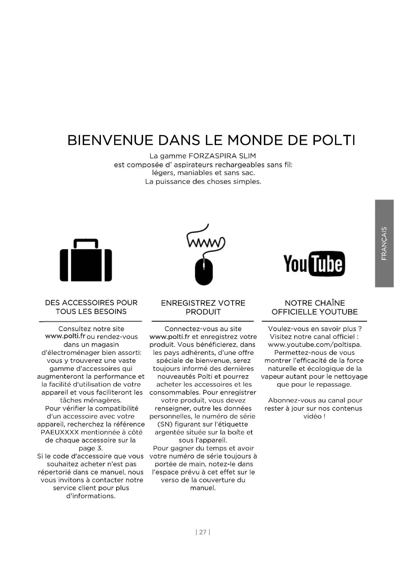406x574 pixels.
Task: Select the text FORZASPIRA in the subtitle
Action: click(x=213, y=156)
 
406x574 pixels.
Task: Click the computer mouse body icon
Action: click(x=204, y=271)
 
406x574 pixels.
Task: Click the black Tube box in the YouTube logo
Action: click(x=327, y=264)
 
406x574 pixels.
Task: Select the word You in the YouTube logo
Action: click(x=295, y=264)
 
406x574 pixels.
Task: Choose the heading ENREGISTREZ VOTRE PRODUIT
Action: click(x=203, y=307)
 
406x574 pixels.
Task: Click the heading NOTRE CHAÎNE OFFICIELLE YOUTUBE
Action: click(x=314, y=307)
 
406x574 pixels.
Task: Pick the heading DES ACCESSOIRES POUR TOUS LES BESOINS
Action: click(x=91, y=307)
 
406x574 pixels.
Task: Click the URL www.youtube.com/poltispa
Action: click(x=314, y=345)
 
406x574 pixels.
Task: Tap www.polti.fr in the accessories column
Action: click(x=65, y=336)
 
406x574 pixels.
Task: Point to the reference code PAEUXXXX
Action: click(x=60, y=432)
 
